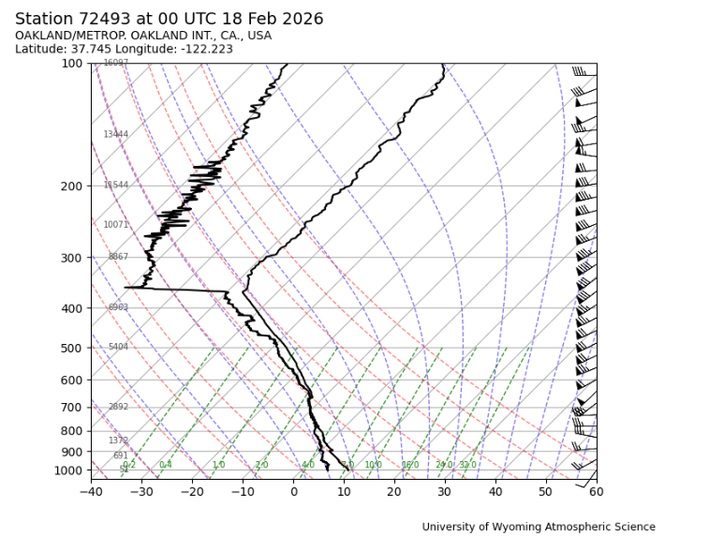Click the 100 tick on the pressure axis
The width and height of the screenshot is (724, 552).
pyautogui.click(x=72, y=64)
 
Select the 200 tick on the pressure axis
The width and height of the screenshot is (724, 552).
pyautogui.click(x=72, y=186)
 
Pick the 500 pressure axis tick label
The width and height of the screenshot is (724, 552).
pyautogui.click(x=72, y=349)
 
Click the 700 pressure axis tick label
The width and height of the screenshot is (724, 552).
pyautogui.click(x=72, y=408)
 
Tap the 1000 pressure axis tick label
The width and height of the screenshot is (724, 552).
pyautogui.click(x=69, y=470)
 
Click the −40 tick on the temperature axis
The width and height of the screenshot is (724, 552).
pyautogui.click(x=91, y=491)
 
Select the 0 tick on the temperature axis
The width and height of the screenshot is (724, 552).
pyautogui.click(x=293, y=491)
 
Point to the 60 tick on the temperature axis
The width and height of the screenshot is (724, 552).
pyautogui.click(x=596, y=491)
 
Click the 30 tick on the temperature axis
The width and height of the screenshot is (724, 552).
pyautogui.click(x=445, y=491)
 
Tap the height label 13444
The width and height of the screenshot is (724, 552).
pyautogui.click(x=115, y=135)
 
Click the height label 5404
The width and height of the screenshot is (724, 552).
pyautogui.click(x=118, y=348)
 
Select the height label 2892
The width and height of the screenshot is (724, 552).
pyautogui.click(x=118, y=408)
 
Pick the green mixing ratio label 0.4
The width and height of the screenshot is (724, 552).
pyautogui.click(x=166, y=466)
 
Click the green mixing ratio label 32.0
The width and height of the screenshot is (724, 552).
pyautogui.click(x=467, y=466)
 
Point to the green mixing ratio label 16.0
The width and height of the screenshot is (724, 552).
pyautogui.click(x=410, y=466)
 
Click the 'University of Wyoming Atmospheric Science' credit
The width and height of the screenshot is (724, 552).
pyautogui.click(x=539, y=528)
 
